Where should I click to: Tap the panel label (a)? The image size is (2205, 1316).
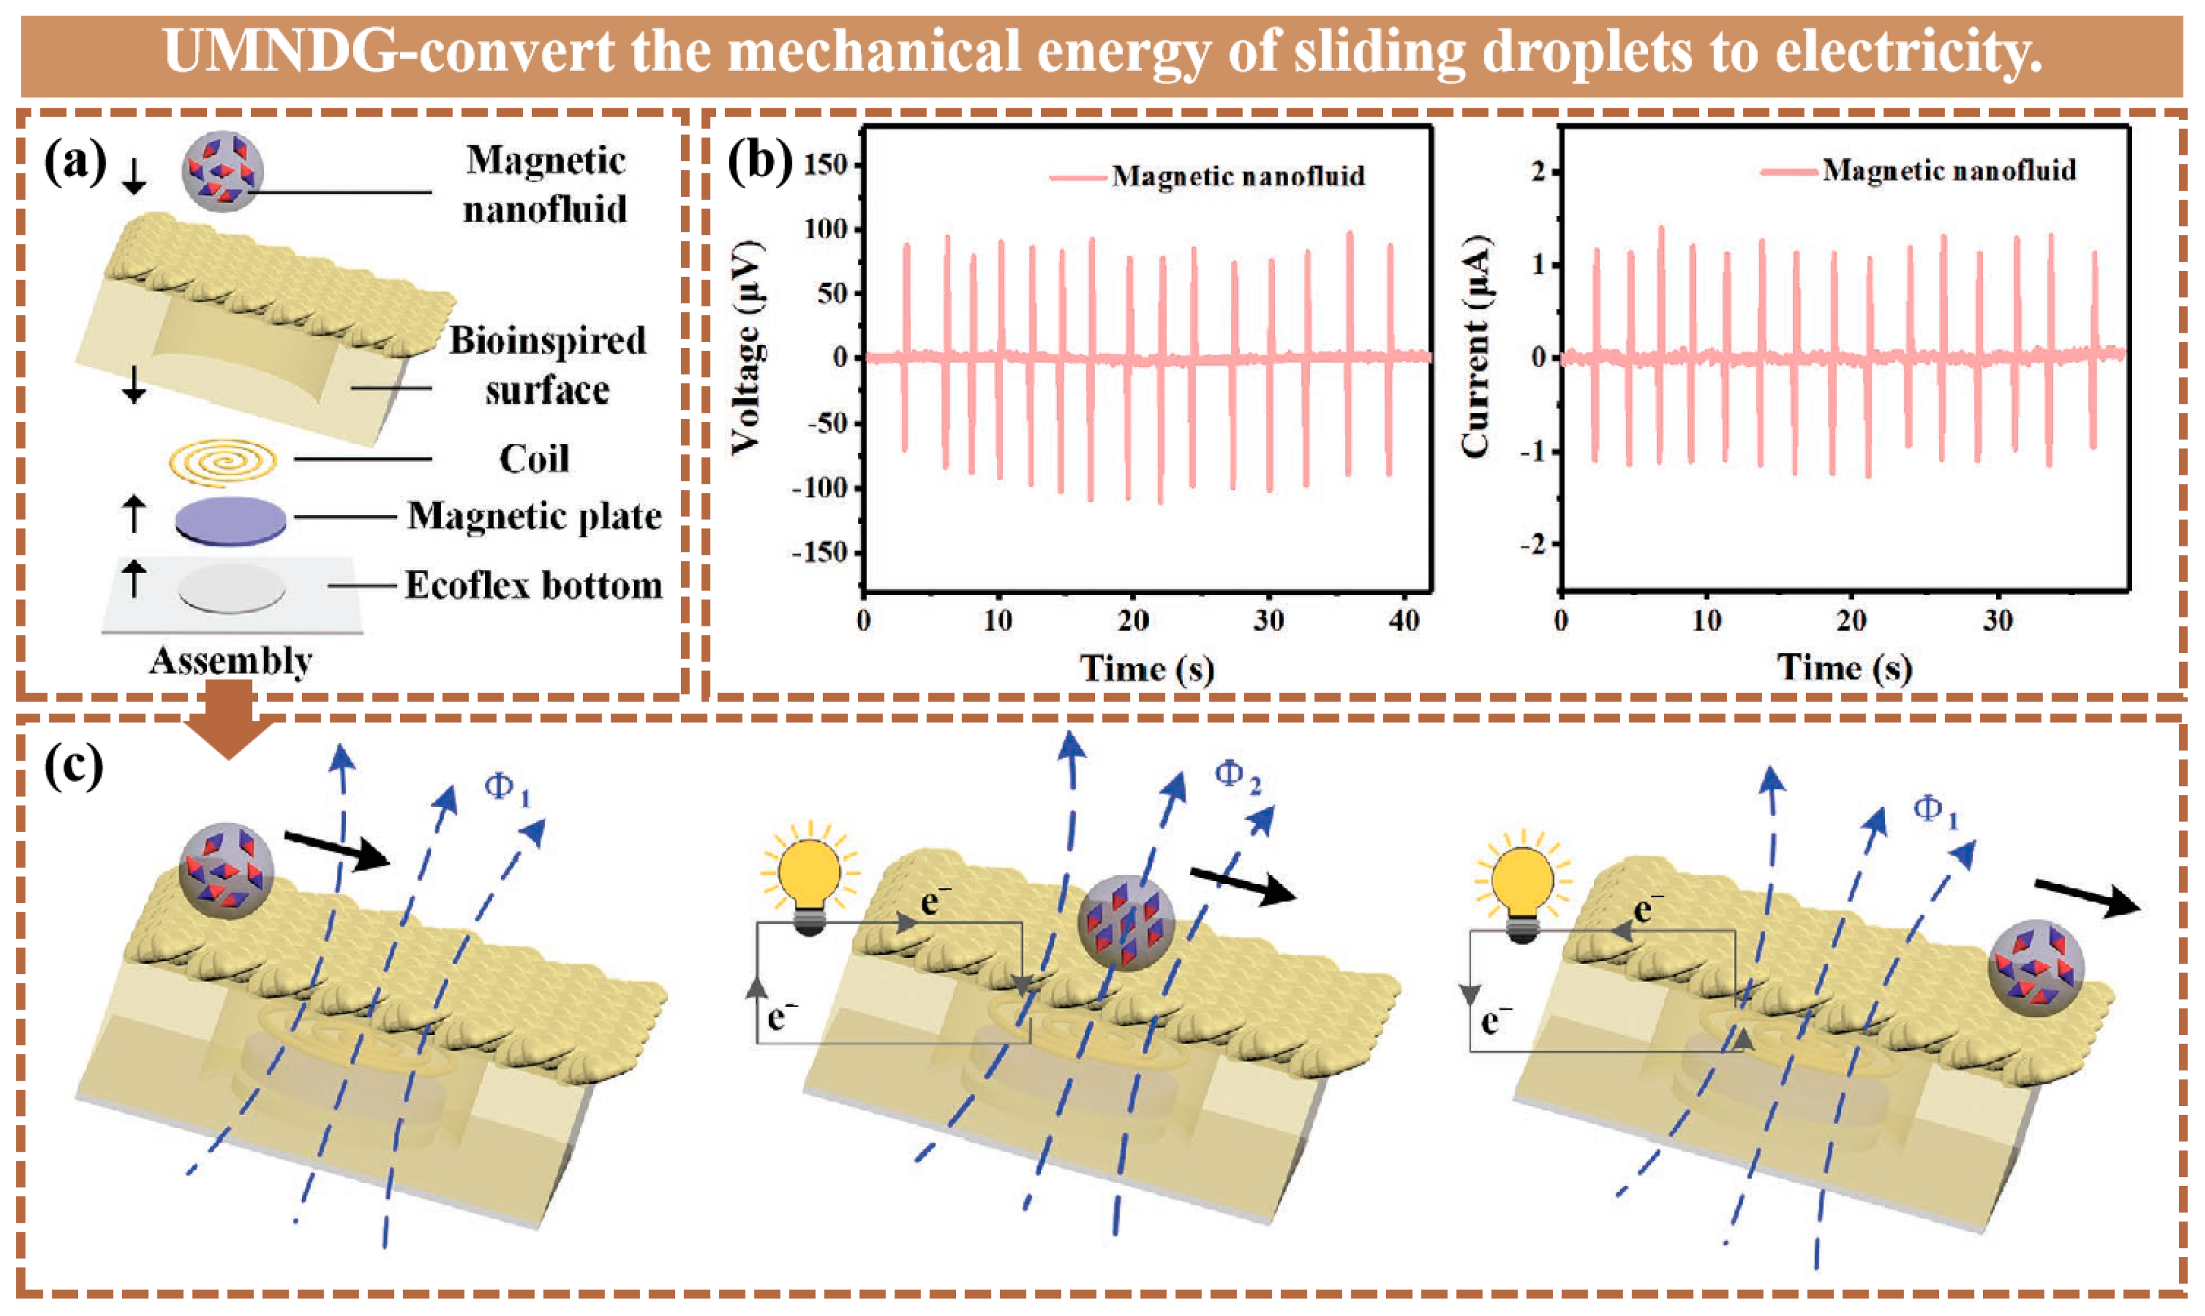75,162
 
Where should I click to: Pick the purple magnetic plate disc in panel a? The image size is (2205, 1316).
230,520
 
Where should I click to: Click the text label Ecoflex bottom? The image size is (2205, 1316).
534,585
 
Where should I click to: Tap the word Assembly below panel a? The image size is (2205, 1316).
230,661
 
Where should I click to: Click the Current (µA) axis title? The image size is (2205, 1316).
1475,346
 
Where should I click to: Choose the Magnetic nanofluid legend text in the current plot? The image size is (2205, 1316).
1949,170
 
